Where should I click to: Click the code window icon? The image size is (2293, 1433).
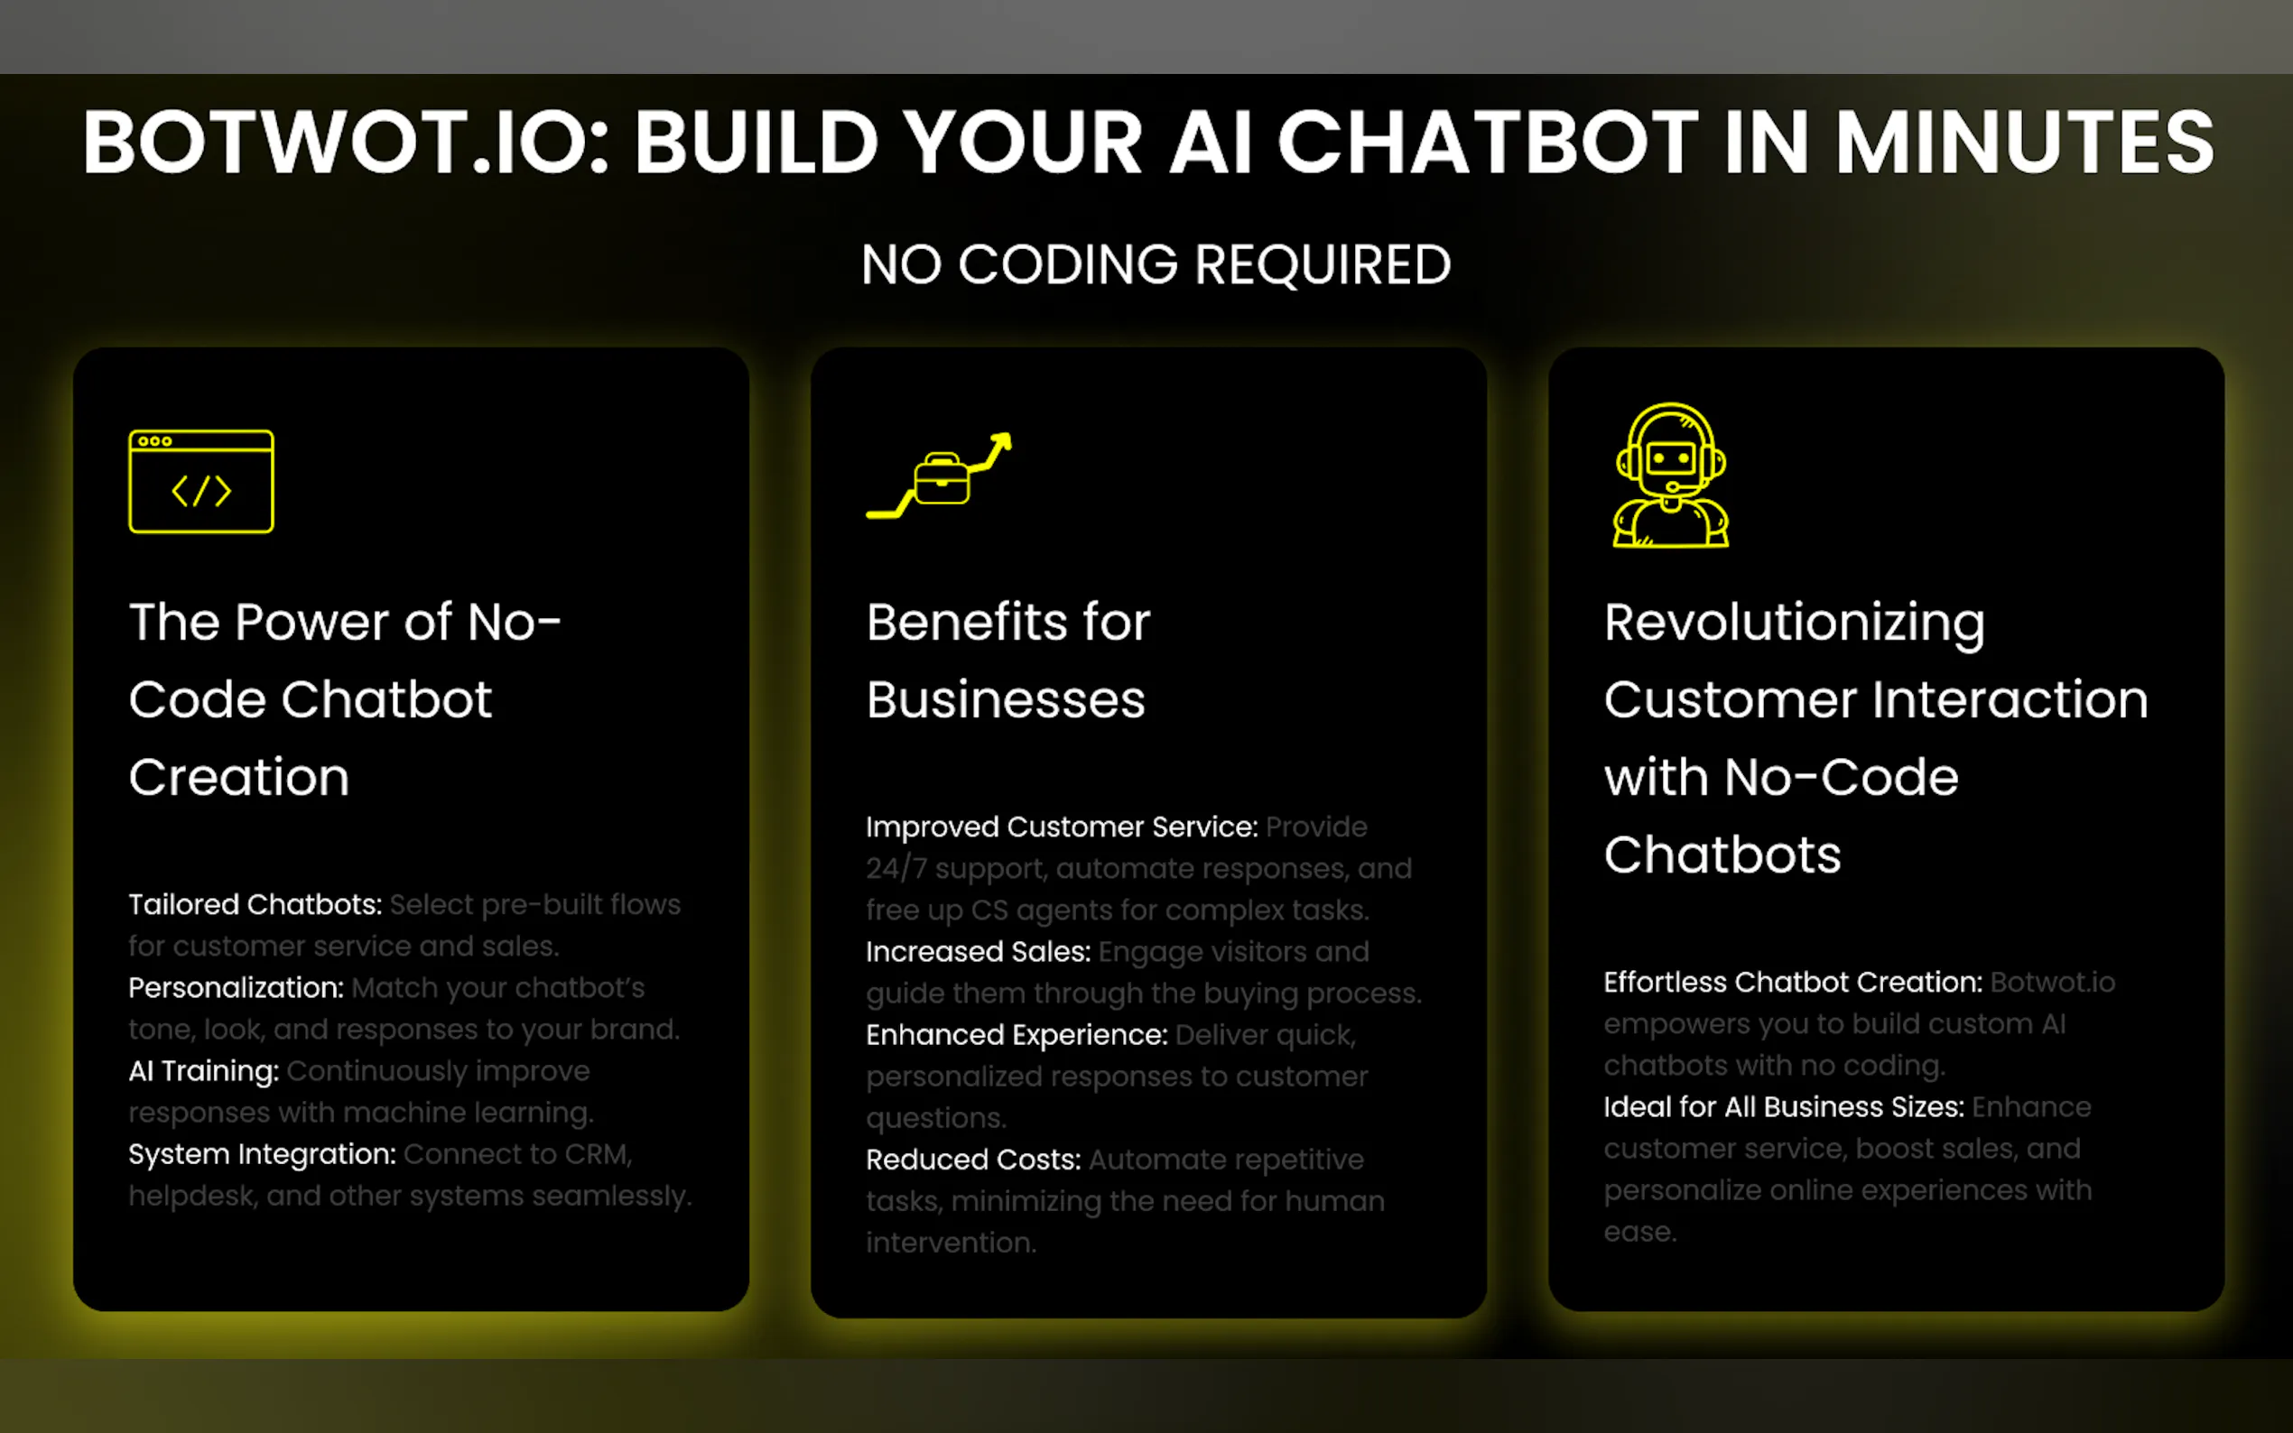(x=201, y=482)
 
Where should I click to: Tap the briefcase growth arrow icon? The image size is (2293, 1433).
(x=940, y=476)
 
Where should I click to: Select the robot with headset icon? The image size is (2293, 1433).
(x=1670, y=475)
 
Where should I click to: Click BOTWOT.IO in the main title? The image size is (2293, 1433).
(x=345, y=143)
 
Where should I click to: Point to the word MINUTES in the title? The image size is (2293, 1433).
(x=2025, y=143)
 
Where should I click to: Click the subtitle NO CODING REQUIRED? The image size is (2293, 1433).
(x=1156, y=264)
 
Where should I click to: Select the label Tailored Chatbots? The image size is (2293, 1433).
(x=255, y=904)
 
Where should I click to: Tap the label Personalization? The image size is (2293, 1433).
(x=236, y=987)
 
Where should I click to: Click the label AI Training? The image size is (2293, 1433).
(x=204, y=1071)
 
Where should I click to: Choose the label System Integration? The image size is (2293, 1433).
(x=263, y=1154)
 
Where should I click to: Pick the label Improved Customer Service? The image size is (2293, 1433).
(x=1062, y=827)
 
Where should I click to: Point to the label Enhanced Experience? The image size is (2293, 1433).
(x=1017, y=1035)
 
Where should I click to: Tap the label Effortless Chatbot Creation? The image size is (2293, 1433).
(x=1793, y=982)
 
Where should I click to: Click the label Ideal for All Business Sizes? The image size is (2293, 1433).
(x=1783, y=1107)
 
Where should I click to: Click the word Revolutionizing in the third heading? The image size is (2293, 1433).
(x=1795, y=624)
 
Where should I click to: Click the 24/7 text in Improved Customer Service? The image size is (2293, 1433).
(x=896, y=868)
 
